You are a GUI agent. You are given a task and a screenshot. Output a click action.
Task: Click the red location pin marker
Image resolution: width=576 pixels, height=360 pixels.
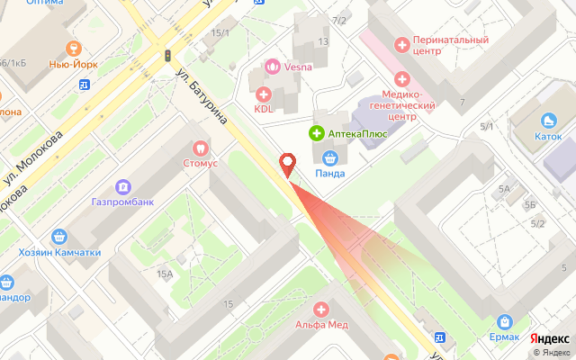288,166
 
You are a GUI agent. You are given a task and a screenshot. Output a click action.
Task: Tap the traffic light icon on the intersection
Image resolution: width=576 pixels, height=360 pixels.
167,56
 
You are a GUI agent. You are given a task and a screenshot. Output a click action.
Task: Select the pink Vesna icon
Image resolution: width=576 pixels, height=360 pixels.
271,65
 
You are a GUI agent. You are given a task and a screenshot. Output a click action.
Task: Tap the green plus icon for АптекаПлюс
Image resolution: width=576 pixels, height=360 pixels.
317,133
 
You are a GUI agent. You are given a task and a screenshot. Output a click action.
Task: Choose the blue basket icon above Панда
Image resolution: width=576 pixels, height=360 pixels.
329,157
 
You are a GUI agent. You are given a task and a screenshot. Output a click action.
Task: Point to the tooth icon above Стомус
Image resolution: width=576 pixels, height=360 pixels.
201,148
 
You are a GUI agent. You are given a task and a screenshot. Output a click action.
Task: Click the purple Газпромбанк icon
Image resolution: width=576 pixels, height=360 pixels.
122,186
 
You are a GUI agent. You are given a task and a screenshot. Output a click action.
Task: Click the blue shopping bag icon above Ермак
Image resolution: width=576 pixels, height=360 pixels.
504,321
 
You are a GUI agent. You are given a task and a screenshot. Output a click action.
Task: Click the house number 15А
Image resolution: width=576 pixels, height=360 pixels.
164,274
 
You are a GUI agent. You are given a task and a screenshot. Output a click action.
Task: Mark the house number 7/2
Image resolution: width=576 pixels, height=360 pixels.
339,20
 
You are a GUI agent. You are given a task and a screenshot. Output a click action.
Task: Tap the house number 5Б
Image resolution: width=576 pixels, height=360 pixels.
530,204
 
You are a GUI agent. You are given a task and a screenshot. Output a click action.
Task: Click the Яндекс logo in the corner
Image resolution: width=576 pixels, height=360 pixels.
548,338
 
